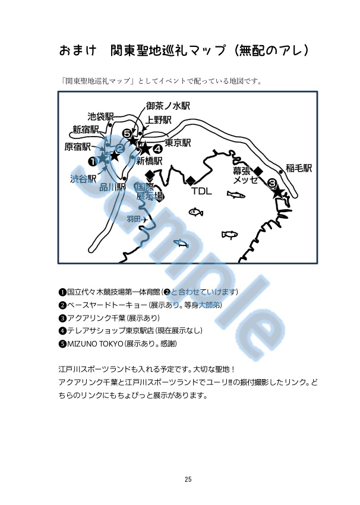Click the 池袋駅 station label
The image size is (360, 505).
pyautogui.click(x=100, y=116)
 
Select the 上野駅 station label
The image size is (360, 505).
pyautogui.click(x=159, y=119)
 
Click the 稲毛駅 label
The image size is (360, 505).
pyautogui.click(x=298, y=168)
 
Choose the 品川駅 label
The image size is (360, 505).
pyautogui.click(x=112, y=187)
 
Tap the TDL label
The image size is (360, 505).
pyautogui.click(x=201, y=192)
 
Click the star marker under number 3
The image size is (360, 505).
pyautogui.click(x=277, y=192)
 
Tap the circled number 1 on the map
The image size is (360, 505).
pyautogui.click(x=93, y=161)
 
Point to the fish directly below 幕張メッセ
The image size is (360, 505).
pyautogui.click(x=236, y=195)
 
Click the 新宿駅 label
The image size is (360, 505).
pyautogui.click(x=86, y=129)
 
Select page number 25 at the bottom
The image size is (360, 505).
pyautogui.click(x=188, y=479)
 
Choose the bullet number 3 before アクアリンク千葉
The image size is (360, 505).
pyautogui.click(x=62, y=318)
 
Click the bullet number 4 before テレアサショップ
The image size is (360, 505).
pyautogui.click(x=62, y=331)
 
